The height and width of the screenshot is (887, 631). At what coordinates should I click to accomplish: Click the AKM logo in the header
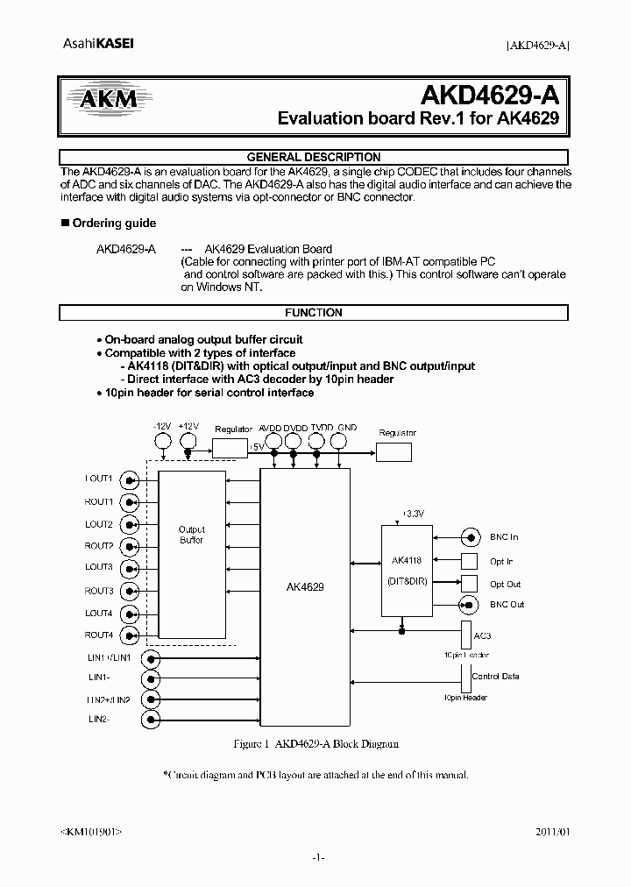pyautogui.click(x=109, y=100)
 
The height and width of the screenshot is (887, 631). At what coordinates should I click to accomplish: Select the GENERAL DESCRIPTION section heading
pyautogui.click(x=313, y=158)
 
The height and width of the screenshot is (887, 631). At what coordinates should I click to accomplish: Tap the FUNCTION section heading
pyautogui.click(x=313, y=313)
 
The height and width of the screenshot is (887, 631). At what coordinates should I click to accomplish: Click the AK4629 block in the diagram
pyautogui.click(x=305, y=587)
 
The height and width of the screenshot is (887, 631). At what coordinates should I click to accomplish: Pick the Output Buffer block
pyautogui.click(x=191, y=535)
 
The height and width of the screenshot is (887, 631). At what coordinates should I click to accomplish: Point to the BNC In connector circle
pyautogui.click(x=471, y=537)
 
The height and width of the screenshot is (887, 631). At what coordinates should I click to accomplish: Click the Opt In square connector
pyautogui.click(x=471, y=561)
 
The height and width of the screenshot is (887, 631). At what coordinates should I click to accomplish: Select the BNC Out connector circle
pyautogui.click(x=471, y=605)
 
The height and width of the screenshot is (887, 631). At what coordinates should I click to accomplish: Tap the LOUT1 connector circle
pyautogui.click(x=131, y=479)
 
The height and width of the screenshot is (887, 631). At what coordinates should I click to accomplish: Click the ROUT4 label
pyautogui.click(x=99, y=635)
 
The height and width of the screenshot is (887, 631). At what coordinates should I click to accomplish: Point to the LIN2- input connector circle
pyautogui.click(x=153, y=719)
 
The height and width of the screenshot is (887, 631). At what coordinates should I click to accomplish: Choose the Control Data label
pyautogui.click(x=495, y=677)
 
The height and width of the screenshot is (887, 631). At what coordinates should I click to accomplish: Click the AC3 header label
pyautogui.click(x=482, y=635)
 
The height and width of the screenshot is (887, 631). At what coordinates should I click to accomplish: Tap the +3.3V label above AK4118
pyautogui.click(x=411, y=513)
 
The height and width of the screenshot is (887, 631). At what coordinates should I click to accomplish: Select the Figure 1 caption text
pyautogui.click(x=315, y=743)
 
